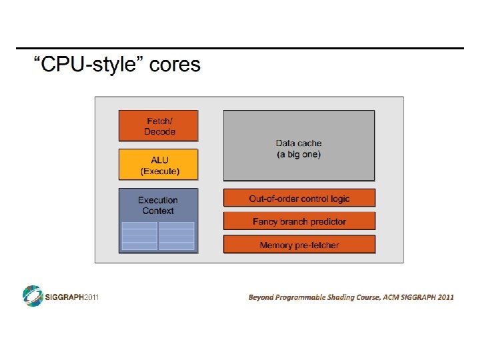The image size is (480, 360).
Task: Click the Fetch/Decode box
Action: (x=159, y=125)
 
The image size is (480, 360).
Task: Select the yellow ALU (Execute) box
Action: (x=159, y=164)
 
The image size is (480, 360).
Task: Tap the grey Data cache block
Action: (x=299, y=145)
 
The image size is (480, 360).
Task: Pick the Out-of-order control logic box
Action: (x=299, y=198)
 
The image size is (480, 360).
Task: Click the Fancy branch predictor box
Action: (x=299, y=221)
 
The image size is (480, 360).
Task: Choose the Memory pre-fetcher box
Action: (x=299, y=245)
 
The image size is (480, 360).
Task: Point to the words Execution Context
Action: (x=158, y=205)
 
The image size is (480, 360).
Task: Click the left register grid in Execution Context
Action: (x=140, y=235)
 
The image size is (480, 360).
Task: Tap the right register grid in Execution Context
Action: (x=177, y=235)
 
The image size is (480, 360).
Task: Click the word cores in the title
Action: (x=175, y=65)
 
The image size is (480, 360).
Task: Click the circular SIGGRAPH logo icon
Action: (x=33, y=295)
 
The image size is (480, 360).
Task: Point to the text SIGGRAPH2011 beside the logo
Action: (x=71, y=297)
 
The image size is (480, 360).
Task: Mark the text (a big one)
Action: (x=299, y=155)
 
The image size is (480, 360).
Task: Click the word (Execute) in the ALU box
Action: (x=160, y=171)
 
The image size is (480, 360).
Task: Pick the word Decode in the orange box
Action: (x=160, y=132)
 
